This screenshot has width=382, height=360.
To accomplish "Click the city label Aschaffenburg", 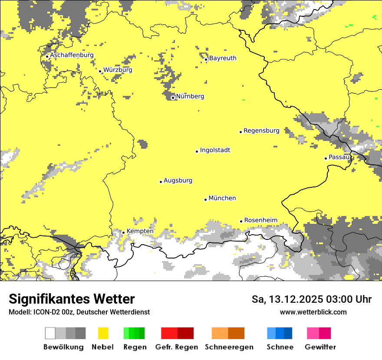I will pyautogui.click(x=72, y=56).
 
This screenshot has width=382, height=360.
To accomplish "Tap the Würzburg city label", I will pyautogui.click(x=118, y=70).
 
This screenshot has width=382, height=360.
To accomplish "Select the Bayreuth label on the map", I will pyautogui.click(x=223, y=58).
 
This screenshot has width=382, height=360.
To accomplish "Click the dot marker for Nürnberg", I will pyautogui.click(x=173, y=98).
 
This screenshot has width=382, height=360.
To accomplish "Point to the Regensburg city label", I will pyautogui.click(x=261, y=131).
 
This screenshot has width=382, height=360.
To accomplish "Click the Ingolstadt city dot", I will pyautogui.click(x=197, y=151).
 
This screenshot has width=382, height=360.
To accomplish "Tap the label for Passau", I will pyautogui.click(x=339, y=157).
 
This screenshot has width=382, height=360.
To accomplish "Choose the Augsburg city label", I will pyautogui.click(x=178, y=180).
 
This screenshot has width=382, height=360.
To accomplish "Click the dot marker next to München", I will pyautogui.click(x=206, y=200).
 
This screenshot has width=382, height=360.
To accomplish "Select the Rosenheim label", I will pyautogui.click(x=260, y=220).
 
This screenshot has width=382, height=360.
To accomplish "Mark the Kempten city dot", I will pyautogui.click(x=123, y=232).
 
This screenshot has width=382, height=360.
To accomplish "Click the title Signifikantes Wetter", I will pyautogui.click(x=72, y=299).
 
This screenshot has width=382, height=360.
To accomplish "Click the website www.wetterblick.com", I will pyautogui.click(x=313, y=312).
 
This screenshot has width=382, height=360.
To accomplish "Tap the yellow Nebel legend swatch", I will pyautogui.click(x=103, y=333).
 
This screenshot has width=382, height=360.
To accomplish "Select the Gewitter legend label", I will pyautogui.click(x=320, y=347).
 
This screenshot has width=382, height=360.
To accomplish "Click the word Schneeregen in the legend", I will pyautogui.click(x=229, y=347).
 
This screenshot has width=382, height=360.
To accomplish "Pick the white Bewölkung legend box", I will pyautogui.click(x=50, y=333).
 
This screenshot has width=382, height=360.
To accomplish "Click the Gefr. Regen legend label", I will pyautogui.click(x=177, y=347).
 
